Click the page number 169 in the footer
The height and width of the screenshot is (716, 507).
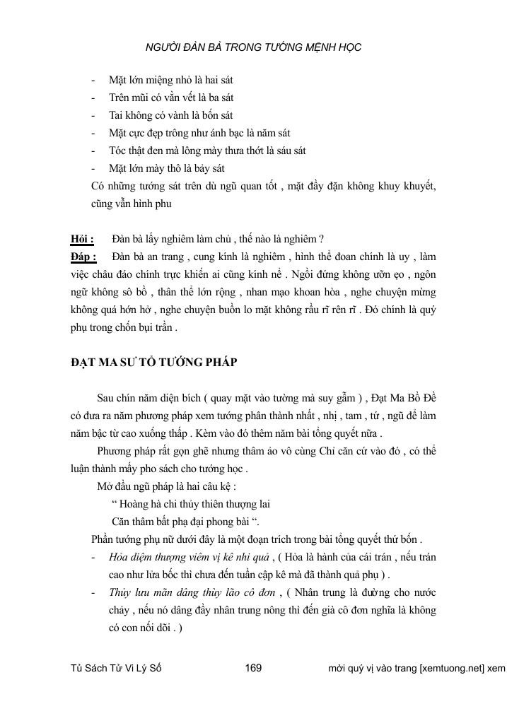coord(253,668)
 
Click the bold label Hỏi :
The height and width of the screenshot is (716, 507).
coord(83,238)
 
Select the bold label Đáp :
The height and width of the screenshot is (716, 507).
coord(84,255)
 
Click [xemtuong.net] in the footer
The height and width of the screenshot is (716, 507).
coord(452,668)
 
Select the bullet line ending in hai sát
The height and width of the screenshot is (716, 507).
coord(171,81)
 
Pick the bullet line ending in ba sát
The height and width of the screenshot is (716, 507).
coord(171,98)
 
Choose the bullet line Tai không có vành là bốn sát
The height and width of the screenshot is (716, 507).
coord(170,115)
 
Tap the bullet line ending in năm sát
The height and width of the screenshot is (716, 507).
coord(199,132)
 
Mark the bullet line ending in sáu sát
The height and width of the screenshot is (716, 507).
coord(207,150)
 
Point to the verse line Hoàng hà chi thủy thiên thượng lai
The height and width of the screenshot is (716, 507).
coord(191,505)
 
